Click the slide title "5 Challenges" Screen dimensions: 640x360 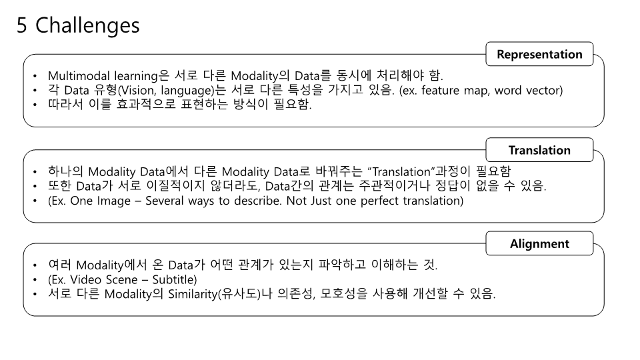(78, 26)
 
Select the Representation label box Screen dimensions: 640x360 (539, 55)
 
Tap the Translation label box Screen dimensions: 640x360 (539, 150)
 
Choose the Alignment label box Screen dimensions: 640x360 (539, 243)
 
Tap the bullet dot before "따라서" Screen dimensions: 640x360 (35, 105)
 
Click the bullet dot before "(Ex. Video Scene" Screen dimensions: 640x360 (35, 279)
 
